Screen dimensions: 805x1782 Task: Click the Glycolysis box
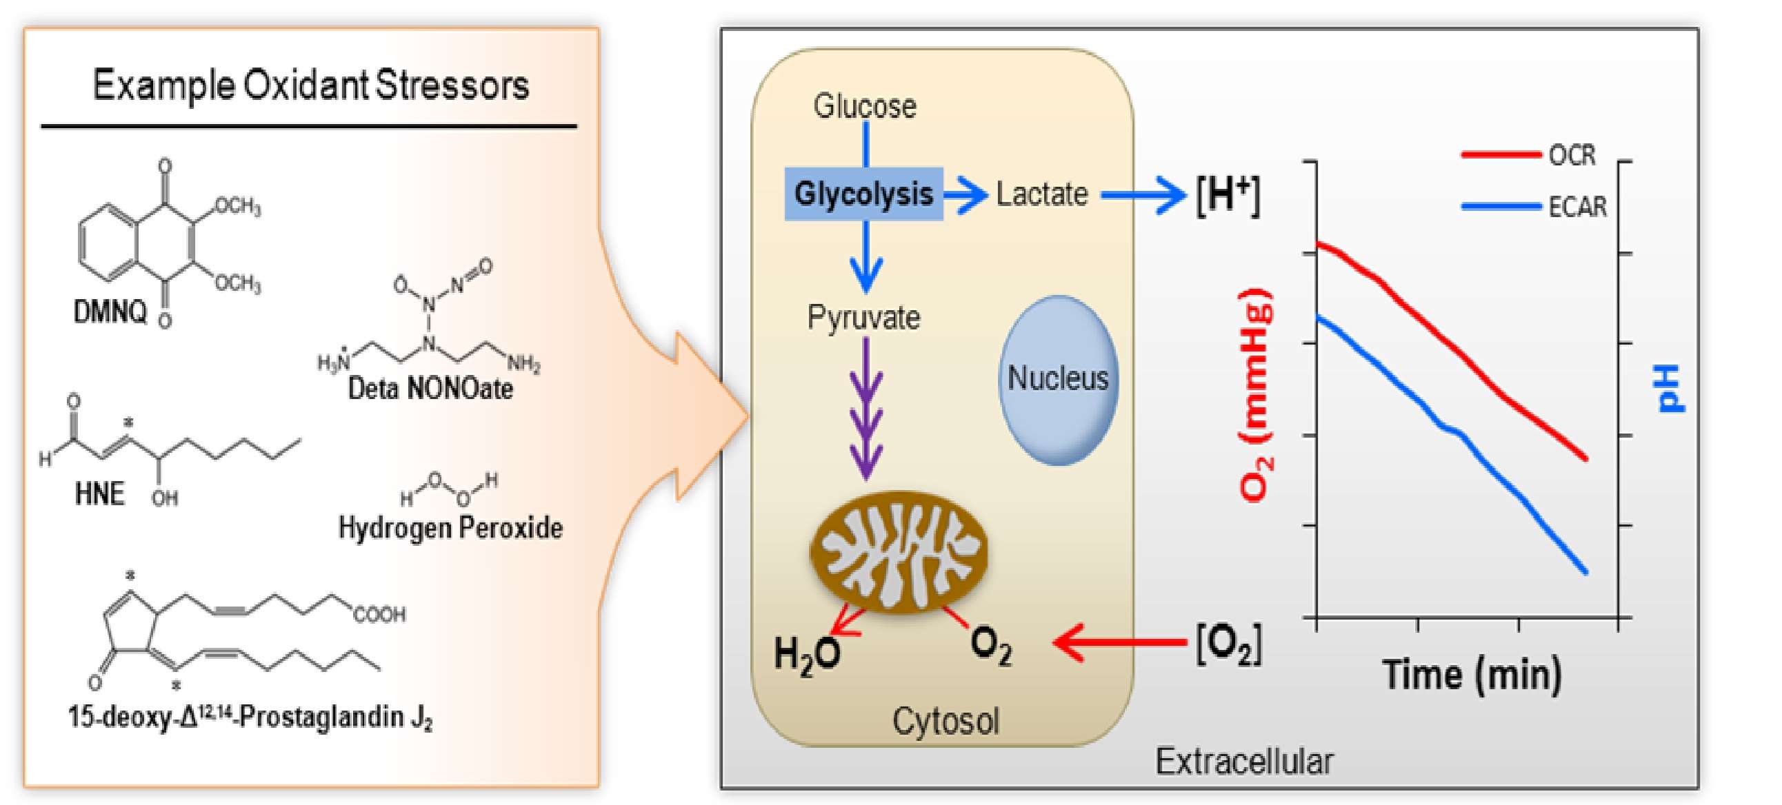[x=863, y=194]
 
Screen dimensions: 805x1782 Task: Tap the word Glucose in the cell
[x=864, y=107]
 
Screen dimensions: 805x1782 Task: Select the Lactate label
[x=1041, y=194]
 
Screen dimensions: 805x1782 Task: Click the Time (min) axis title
[x=1472, y=674]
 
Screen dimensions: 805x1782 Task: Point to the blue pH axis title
[x=1672, y=388]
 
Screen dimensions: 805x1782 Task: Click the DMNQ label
[x=110, y=313]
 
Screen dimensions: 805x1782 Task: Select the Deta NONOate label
[x=430, y=389]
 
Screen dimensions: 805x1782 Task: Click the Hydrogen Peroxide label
[x=450, y=529]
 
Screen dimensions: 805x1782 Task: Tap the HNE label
[x=99, y=493]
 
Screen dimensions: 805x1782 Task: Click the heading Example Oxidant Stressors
[x=310, y=85]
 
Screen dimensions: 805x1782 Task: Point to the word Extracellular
[x=1243, y=762]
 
